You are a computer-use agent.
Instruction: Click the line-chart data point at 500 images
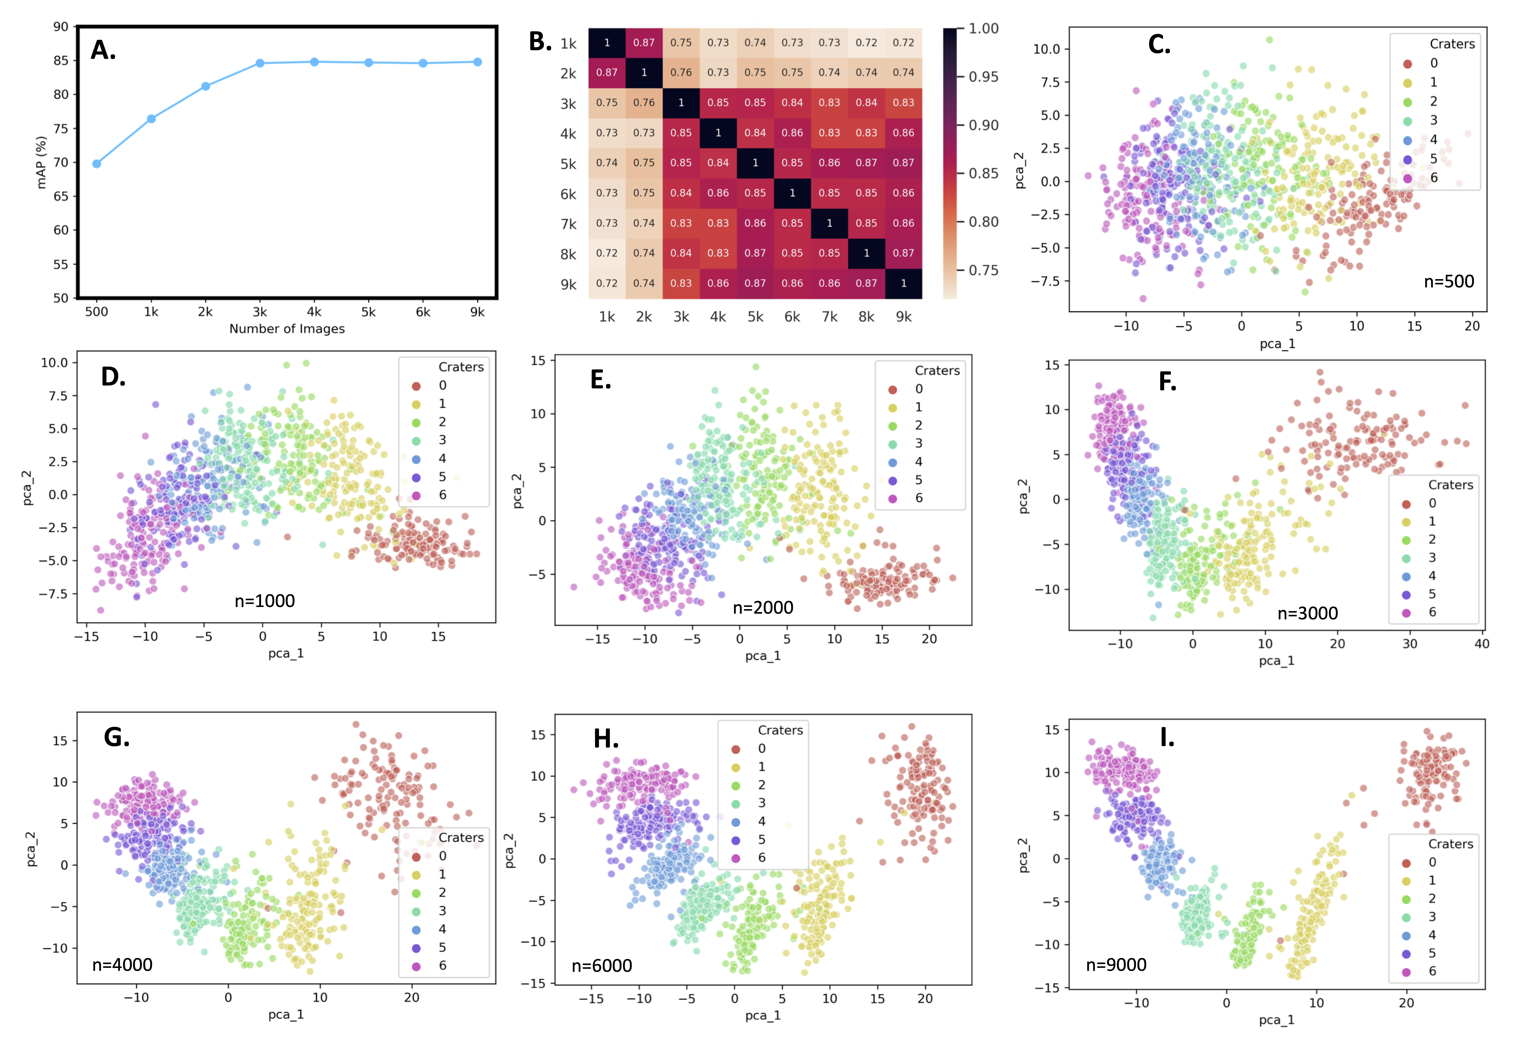pos(97,164)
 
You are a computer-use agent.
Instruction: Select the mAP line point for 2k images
pos(205,86)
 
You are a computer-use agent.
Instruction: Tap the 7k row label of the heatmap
pos(568,224)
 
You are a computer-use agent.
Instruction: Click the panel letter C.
pos(1159,45)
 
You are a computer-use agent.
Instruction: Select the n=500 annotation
pos(1449,282)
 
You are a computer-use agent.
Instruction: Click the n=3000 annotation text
pos(1308,613)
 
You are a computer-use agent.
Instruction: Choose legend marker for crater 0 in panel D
pos(416,386)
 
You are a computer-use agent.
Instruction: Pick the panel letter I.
pos(1167,738)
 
